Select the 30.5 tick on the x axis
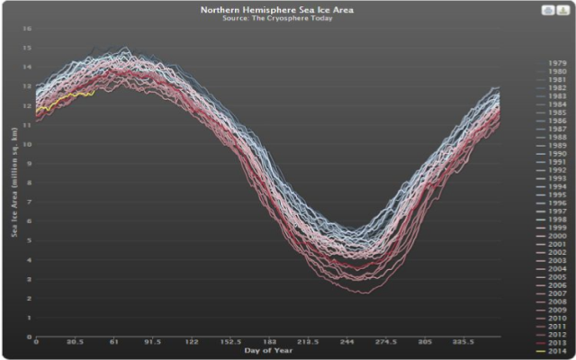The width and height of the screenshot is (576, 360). point(75,343)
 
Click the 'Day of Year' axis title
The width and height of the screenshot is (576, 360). point(268,351)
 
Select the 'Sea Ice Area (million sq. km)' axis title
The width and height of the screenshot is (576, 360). point(14,180)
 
